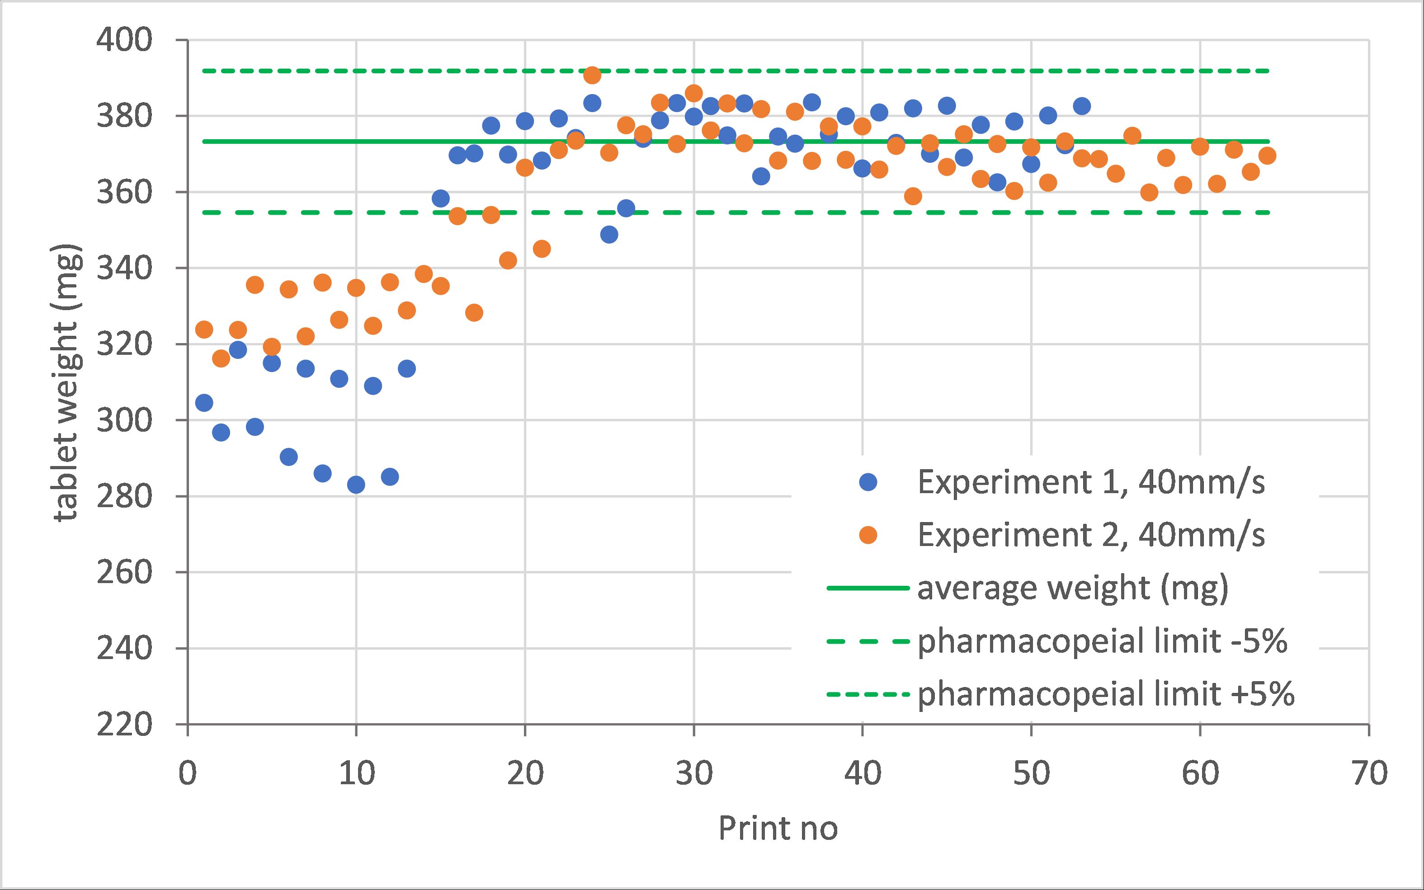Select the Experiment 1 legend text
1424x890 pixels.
coord(1090,483)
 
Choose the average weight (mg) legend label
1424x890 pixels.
coord(1073,588)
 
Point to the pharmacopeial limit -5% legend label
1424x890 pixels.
coord(1102,641)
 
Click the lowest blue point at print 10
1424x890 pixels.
coord(356,485)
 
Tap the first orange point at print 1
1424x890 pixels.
coord(204,329)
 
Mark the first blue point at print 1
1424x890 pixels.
coord(204,403)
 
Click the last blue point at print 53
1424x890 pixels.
coord(1082,106)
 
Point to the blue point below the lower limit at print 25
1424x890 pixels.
coord(609,234)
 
